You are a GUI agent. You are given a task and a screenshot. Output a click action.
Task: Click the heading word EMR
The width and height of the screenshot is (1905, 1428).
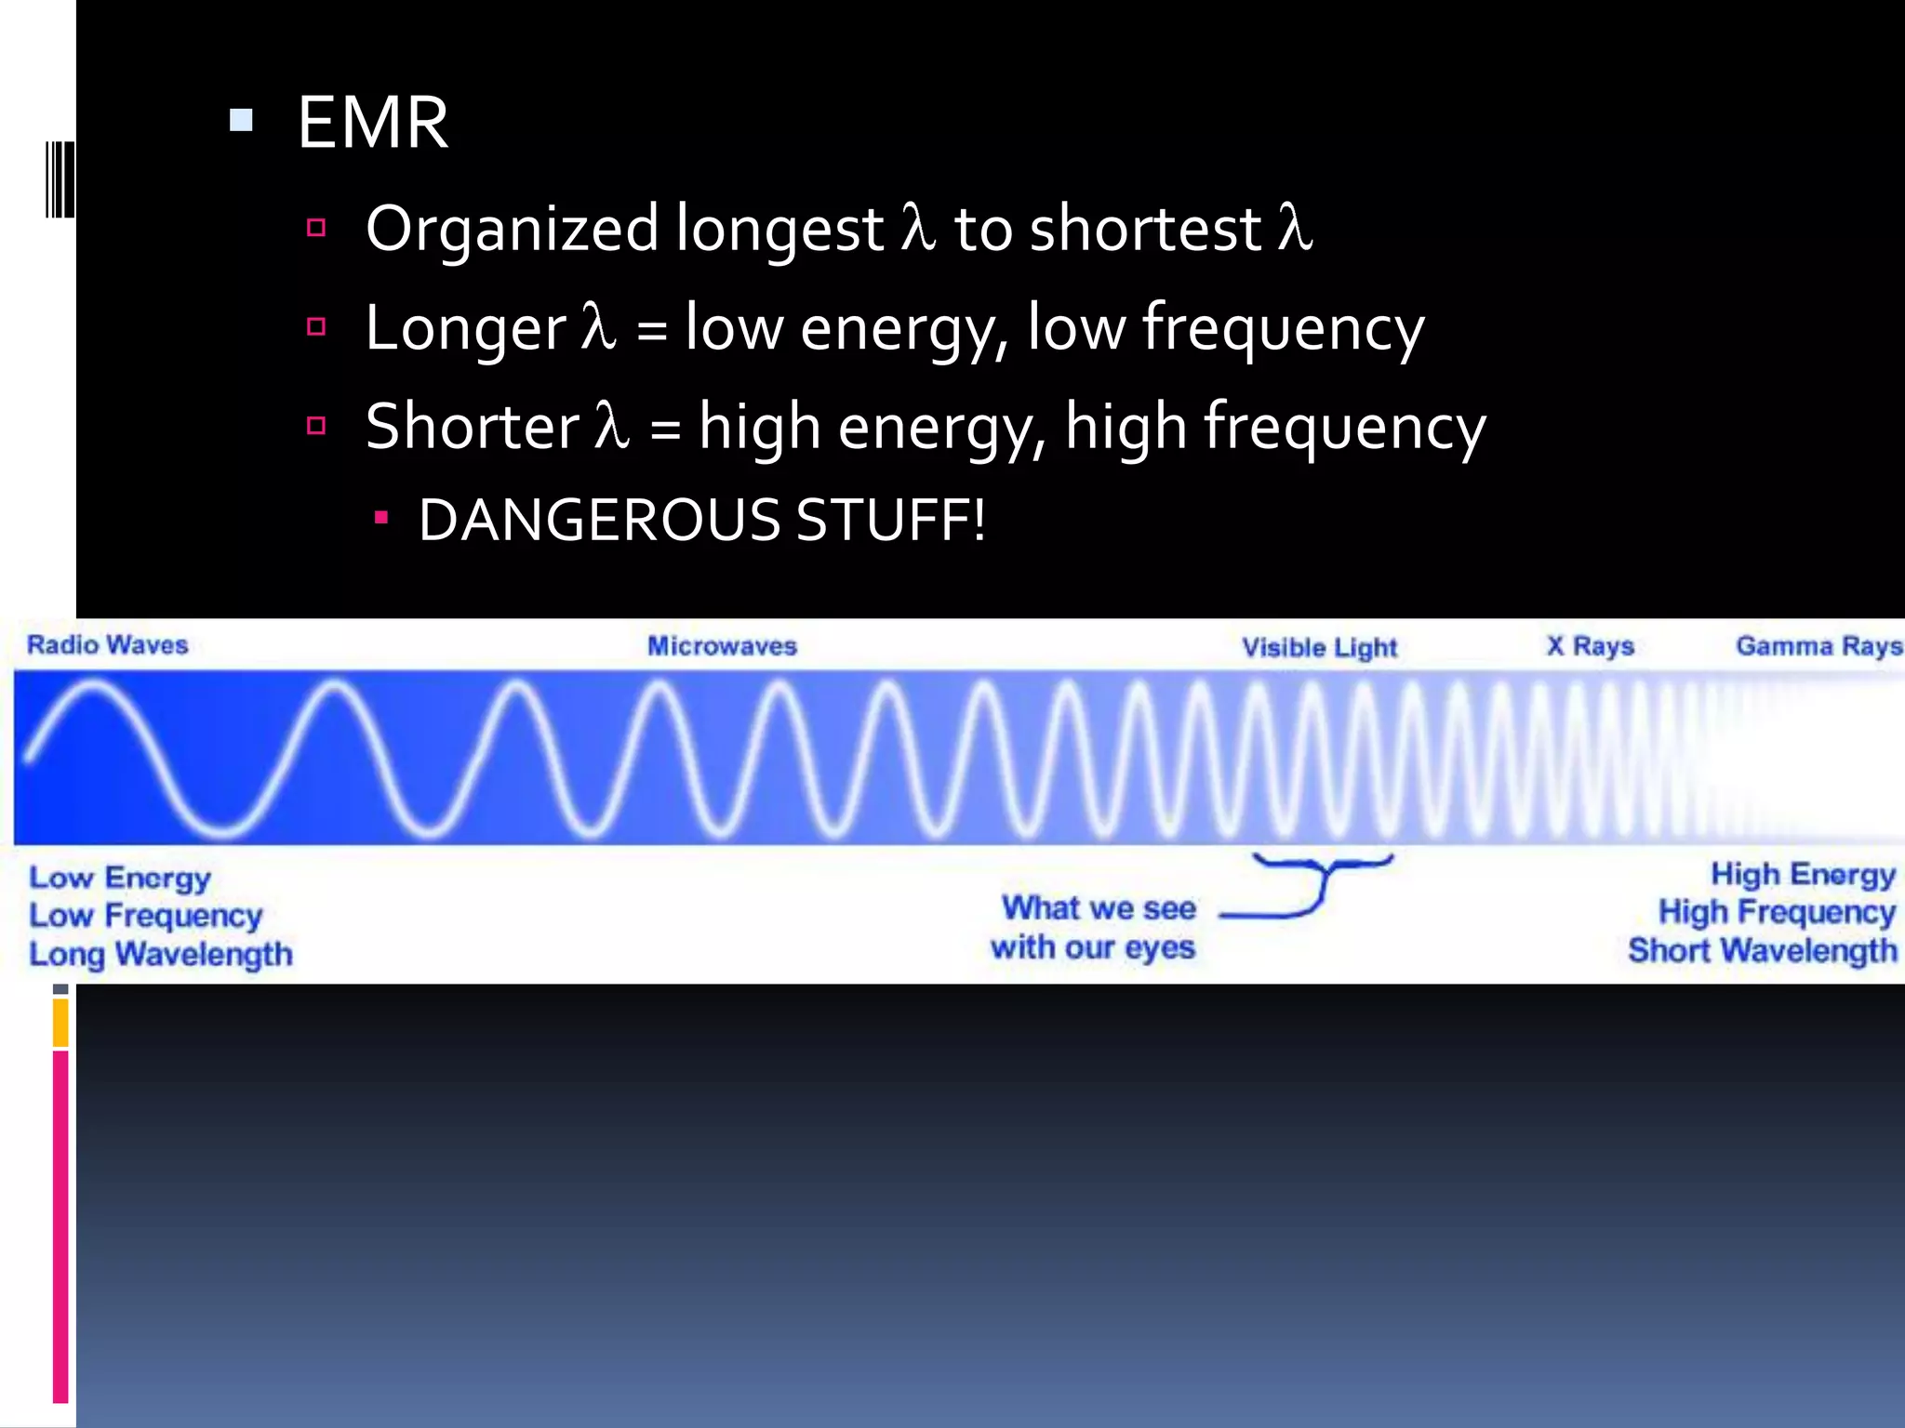(x=373, y=123)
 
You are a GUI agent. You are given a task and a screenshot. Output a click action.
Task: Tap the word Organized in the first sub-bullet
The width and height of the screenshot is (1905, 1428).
(x=513, y=229)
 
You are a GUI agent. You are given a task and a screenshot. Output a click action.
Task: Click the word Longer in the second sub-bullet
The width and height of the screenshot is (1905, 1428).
(x=465, y=328)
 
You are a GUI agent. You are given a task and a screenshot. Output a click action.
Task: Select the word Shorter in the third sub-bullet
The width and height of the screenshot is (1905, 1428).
(x=473, y=427)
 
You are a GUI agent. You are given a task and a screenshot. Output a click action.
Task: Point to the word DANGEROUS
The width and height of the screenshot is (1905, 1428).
(x=598, y=520)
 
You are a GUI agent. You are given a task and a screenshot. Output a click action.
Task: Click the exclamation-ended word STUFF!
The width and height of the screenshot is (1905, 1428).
(x=890, y=520)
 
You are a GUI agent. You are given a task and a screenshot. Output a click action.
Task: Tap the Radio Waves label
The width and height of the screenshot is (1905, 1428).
(x=107, y=645)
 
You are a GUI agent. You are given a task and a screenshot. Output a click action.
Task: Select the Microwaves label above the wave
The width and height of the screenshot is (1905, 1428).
(x=722, y=646)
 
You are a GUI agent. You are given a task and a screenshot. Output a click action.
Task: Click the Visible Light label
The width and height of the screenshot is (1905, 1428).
(x=1319, y=647)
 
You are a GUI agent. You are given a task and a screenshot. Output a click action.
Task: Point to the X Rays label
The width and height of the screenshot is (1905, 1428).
(x=1590, y=646)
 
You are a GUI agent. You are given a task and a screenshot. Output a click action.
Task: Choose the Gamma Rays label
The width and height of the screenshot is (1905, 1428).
(x=1818, y=646)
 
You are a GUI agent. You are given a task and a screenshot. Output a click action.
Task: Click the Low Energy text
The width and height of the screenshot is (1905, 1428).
(x=120, y=878)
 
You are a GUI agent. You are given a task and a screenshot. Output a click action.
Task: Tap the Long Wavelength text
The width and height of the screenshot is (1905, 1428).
(x=161, y=954)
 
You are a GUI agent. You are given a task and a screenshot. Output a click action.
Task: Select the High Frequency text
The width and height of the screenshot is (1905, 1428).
(x=1777, y=912)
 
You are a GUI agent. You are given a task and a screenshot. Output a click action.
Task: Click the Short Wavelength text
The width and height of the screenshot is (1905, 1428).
(x=1762, y=950)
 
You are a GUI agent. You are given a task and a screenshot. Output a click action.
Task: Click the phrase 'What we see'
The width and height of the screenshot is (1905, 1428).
(x=1099, y=908)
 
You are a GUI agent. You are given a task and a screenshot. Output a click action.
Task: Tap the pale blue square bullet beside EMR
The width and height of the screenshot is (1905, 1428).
(x=241, y=120)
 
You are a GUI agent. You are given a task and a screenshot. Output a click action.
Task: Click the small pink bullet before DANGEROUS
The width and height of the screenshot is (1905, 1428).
(x=380, y=518)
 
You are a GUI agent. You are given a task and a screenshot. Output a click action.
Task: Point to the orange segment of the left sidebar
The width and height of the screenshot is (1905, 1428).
(x=60, y=1023)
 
